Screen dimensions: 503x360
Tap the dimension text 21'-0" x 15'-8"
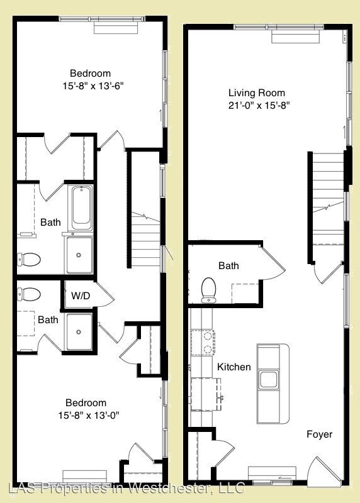coord(259,106)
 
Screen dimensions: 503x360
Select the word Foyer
coord(319,434)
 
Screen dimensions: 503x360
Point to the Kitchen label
coord(233,367)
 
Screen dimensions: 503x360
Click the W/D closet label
coord(80,296)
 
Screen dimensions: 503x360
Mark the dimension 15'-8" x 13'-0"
coord(87,415)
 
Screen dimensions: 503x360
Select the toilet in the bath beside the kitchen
coord(209,290)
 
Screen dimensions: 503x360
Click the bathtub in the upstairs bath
coord(81,208)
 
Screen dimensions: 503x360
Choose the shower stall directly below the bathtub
coord(79,255)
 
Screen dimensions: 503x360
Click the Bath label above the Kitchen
coord(228,266)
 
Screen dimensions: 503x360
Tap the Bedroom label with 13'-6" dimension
coord(87,72)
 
